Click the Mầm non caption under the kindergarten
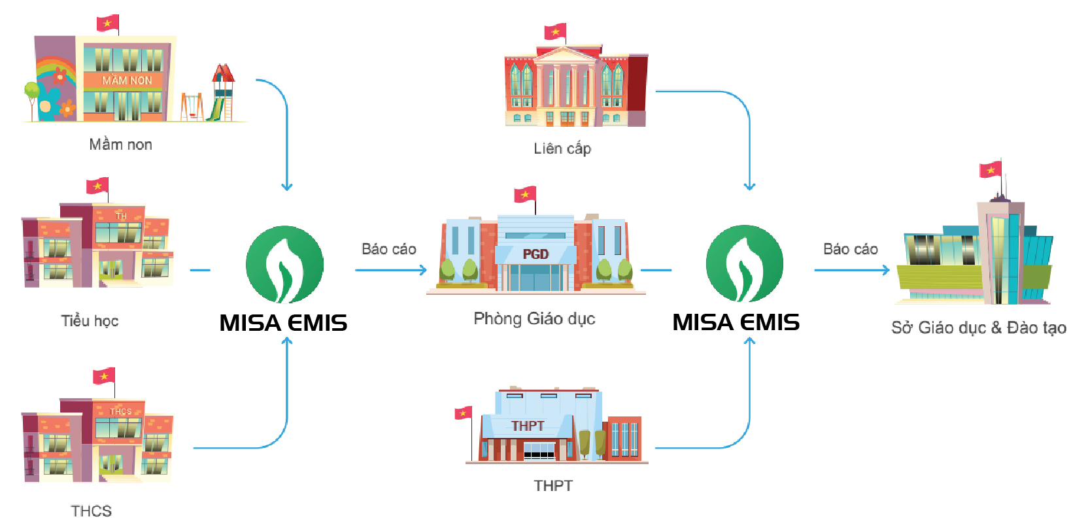[120, 144]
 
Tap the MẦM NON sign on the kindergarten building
[127, 80]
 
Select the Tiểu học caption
[90, 321]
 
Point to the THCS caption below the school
[91, 511]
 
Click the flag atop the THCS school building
[104, 376]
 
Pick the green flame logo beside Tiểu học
[284, 265]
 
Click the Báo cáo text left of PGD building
[388, 249]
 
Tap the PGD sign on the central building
[535, 254]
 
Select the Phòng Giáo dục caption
[534, 319]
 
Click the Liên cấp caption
[562, 149]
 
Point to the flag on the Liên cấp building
[555, 31]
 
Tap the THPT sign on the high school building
[528, 426]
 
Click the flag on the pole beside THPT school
[464, 413]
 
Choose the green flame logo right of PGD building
[745, 263]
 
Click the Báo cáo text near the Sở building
[850, 249]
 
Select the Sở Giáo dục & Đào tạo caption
[978, 328]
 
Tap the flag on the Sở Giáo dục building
[991, 170]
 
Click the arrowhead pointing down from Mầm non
[286, 187]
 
